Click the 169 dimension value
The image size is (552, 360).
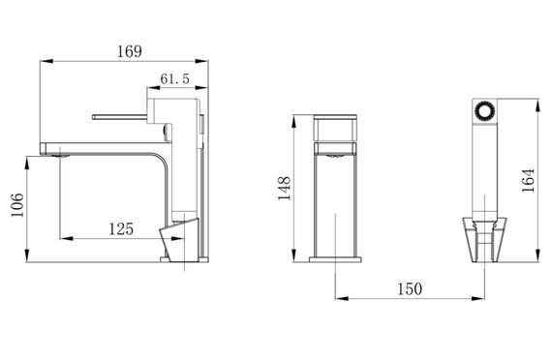coord(130,51)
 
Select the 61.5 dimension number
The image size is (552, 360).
coord(174,78)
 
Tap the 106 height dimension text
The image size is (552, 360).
coord(17,205)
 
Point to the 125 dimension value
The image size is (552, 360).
coord(121,229)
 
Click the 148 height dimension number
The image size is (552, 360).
coord(285,189)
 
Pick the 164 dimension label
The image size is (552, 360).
coord(528,181)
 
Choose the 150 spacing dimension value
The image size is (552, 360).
coord(410,289)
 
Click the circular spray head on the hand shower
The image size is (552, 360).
coord(484,111)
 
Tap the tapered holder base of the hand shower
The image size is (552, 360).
coord(485,240)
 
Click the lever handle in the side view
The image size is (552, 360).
coord(119,117)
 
